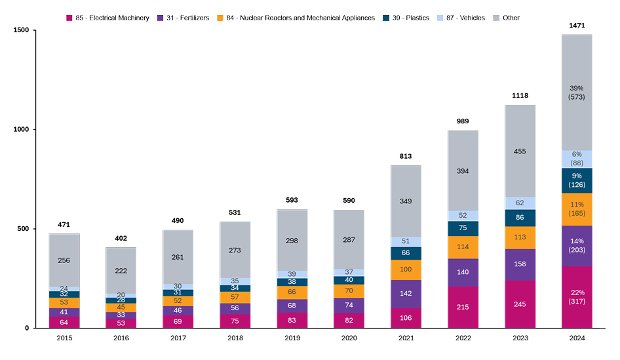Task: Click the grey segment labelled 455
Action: tap(520, 151)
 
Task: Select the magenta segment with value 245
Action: tap(520, 304)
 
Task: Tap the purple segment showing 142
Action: tap(406, 294)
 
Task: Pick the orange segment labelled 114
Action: tap(463, 247)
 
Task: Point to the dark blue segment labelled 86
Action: tap(520, 218)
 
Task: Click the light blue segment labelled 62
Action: tap(520, 203)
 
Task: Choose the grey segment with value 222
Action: tap(121, 270)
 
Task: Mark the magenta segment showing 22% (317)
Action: tap(577, 296)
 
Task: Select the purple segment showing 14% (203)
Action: tap(577, 245)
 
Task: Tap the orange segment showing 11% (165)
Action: tap(577, 209)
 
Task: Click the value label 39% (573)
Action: tap(577, 92)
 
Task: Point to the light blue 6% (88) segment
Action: tap(577, 159)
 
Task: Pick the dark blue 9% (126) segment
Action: tap(577, 180)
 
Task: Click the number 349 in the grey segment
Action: tap(406, 202)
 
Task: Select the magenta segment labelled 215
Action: tap(463, 307)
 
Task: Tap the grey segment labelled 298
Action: tap(292, 240)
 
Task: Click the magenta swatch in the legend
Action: tap(69, 18)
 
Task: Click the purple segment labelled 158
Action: tap(520, 265)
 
